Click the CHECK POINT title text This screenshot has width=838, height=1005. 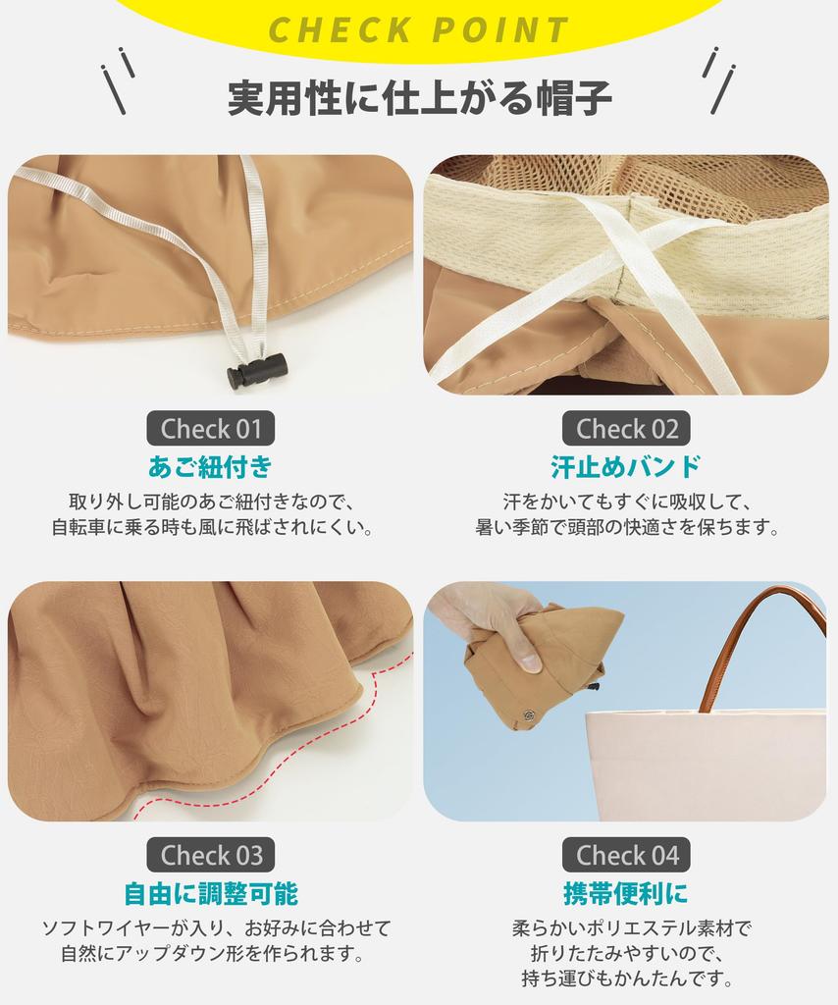(x=419, y=29)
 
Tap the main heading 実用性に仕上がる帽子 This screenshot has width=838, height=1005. (x=419, y=98)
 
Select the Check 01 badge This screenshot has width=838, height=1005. (x=211, y=429)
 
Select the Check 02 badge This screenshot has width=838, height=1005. (x=626, y=429)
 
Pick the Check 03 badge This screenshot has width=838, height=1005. (x=211, y=855)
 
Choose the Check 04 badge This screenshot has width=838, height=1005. (x=626, y=855)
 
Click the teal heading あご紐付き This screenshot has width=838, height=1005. (x=210, y=465)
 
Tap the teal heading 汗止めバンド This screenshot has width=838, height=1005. (x=626, y=465)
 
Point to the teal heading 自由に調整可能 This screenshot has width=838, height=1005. (x=210, y=893)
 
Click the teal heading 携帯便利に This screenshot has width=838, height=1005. (x=626, y=893)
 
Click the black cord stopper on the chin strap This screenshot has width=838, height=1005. (x=256, y=371)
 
